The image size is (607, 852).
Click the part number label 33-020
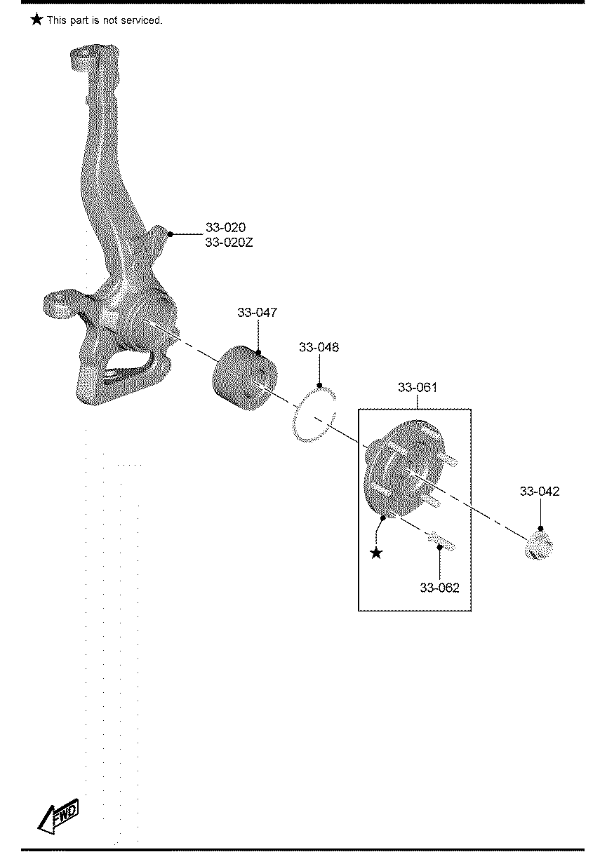coord(225,228)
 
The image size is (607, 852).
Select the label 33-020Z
coord(229,243)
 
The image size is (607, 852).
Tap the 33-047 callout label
coord(257,313)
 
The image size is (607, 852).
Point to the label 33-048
coord(319,347)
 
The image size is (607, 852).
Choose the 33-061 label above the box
coord(417,387)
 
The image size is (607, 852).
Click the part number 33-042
coord(540,492)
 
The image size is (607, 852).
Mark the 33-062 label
coord(439,588)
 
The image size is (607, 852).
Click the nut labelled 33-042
coord(539,546)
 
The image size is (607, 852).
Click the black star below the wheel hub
coord(377,553)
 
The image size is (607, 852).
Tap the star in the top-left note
coord(36,20)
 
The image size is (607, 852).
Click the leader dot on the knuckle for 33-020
coord(170,234)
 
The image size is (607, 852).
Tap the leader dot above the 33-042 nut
coord(540,528)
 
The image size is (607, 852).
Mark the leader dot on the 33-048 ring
coord(320,385)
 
